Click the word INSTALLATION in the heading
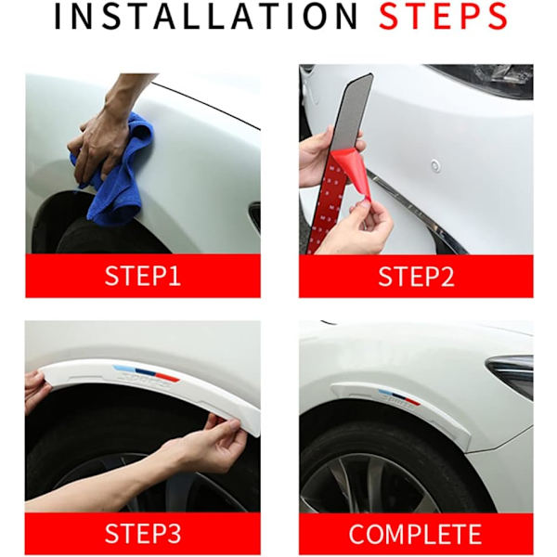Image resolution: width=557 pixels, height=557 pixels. click(x=206, y=17)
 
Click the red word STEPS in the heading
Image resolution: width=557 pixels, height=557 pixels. click(x=443, y=17)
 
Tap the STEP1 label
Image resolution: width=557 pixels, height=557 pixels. click(x=143, y=276)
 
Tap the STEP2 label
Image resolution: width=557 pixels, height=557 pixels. click(x=416, y=276)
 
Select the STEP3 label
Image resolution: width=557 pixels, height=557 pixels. click(x=143, y=533)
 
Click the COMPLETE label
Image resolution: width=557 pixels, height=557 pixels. click(x=415, y=534)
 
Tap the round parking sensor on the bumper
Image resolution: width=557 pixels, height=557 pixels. click(x=435, y=165)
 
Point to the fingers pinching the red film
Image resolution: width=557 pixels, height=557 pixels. click(x=369, y=224)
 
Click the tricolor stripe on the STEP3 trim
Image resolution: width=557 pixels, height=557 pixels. click(x=147, y=373)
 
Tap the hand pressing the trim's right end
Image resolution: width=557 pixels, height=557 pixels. click(x=214, y=444)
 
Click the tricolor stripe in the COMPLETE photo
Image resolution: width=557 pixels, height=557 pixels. click(x=399, y=396)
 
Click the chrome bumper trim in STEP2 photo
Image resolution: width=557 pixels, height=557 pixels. click(x=416, y=210)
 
